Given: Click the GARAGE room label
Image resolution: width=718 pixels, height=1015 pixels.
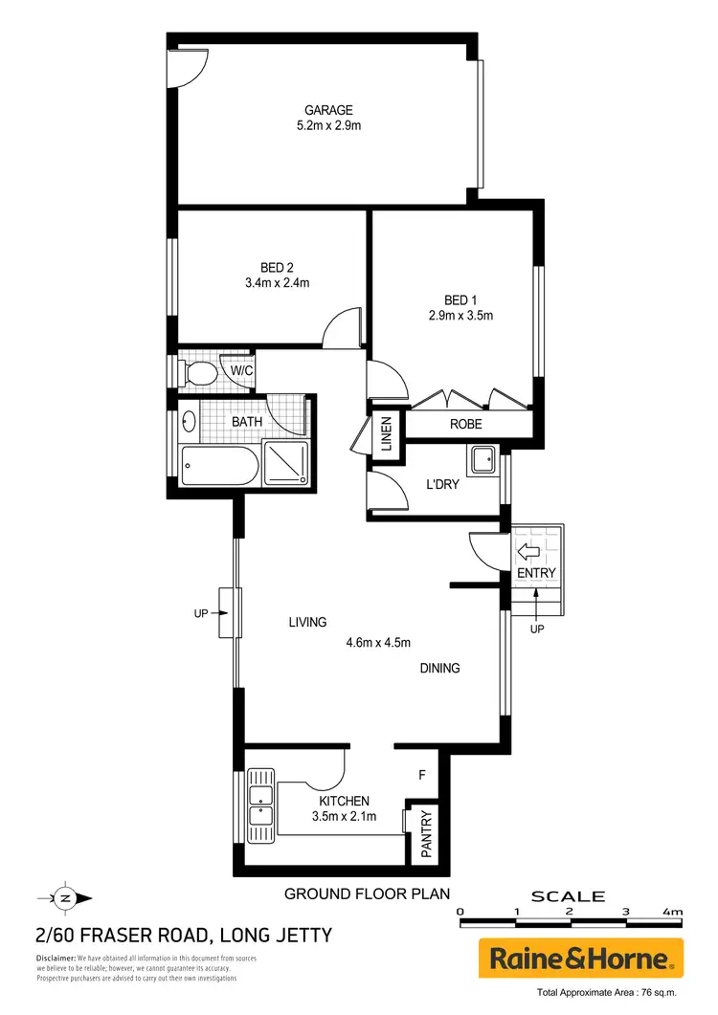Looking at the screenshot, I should (x=328, y=110).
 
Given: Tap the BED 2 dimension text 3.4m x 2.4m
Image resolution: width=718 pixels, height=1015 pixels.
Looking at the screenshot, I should (x=278, y=282).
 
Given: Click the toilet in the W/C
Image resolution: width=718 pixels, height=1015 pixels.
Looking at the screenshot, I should (x=198, y=372).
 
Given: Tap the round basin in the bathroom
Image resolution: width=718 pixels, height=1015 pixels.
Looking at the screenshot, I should (x=189, y=420).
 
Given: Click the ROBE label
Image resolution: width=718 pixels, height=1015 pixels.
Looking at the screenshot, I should (x=466, y=424).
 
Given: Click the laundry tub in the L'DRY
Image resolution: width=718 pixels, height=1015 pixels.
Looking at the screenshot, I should (x=482, y=460).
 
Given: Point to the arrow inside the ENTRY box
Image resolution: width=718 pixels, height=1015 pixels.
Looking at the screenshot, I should (x=527, y=551).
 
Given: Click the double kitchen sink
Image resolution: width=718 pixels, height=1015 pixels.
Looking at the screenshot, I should (x=258, y=805).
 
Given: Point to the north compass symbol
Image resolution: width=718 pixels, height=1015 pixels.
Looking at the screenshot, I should (x=65, y=897).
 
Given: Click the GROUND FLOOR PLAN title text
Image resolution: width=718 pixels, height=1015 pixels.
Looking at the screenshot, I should (x=368, y=894).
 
